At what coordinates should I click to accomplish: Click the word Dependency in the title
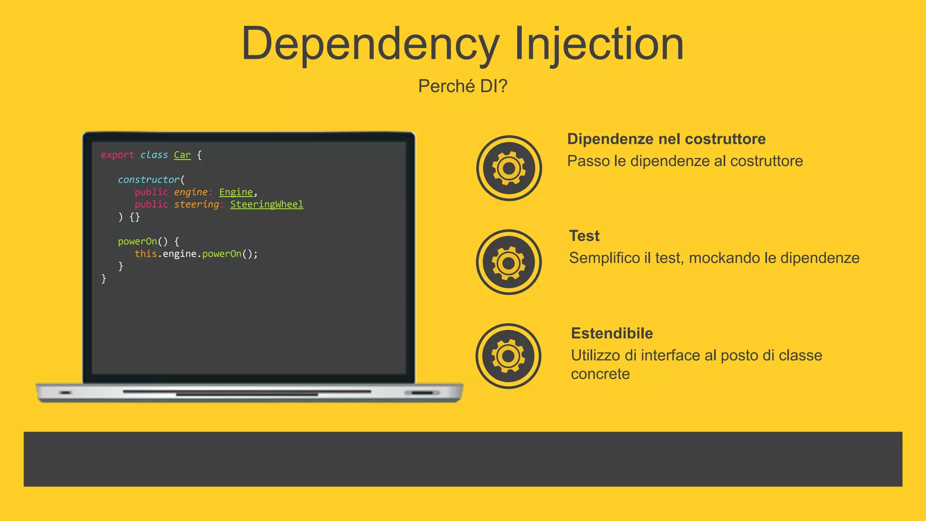[370, 44]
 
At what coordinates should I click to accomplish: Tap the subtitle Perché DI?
[463, 86]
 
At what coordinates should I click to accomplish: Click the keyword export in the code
[118, 155]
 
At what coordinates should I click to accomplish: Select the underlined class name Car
[182, 155]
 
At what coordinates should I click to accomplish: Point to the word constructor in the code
[149, 180]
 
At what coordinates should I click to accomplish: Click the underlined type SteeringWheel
[267, 204]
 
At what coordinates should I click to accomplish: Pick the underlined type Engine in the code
[236, 192]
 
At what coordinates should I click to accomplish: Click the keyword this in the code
[146, 254]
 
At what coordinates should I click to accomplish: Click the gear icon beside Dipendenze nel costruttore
[509, 168]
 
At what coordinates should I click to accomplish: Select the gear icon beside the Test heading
[509, 262]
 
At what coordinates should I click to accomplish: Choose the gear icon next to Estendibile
[508, 356]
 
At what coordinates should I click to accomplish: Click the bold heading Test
[584, 236]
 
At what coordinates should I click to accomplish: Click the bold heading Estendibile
[612, 333]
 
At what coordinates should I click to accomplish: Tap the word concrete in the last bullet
[600, 374]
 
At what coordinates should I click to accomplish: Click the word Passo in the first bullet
[588, 161]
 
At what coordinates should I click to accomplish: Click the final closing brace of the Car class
[104, 279]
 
